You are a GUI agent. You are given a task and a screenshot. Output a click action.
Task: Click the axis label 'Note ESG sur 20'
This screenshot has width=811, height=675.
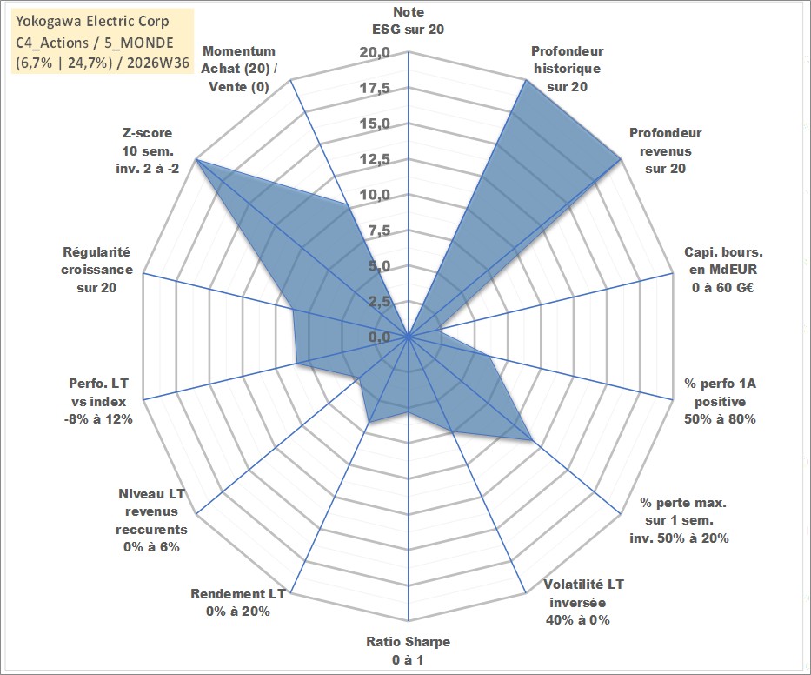[408, 21]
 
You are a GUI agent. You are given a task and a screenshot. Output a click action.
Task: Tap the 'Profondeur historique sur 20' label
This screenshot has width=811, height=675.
[567, 69]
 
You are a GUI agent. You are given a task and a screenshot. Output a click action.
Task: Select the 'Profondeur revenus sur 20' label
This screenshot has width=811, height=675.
[665, 150]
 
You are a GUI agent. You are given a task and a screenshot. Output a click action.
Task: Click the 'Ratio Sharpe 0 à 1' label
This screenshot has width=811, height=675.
[408, 651]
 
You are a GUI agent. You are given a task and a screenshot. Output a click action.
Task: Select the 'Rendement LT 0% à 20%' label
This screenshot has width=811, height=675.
[238, 603]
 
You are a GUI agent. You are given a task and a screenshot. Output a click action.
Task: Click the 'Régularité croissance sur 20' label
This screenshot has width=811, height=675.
[96, 270]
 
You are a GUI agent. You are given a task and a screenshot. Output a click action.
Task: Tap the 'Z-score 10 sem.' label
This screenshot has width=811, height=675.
[148, 150]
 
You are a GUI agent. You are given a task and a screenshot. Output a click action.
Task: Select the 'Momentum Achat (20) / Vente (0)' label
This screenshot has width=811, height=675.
[238, 69]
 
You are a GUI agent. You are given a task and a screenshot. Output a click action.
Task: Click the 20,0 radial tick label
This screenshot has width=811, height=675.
[376, 53]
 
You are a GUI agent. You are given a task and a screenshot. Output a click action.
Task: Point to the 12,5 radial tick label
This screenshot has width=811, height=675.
[376, 159]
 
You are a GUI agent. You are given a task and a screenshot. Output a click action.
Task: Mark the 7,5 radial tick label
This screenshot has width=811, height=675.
[379, 231]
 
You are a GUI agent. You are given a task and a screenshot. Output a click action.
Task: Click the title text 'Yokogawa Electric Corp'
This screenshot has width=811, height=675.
[93, 21]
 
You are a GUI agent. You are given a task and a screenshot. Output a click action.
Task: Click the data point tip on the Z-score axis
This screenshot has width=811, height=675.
[196, 159]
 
